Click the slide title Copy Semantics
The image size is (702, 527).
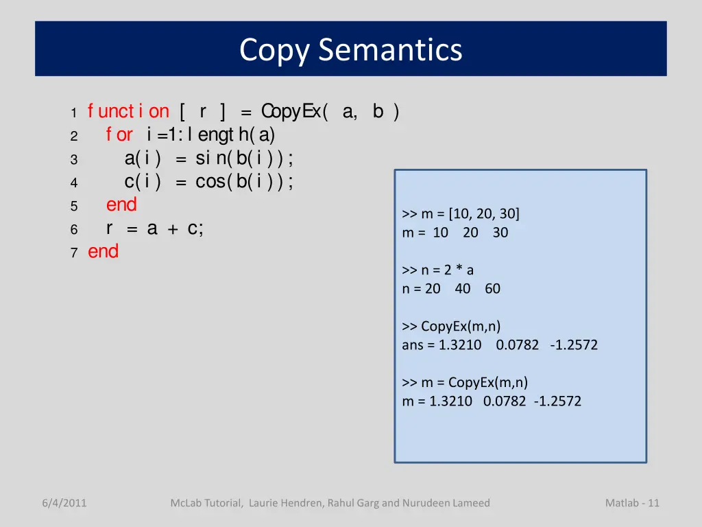pyautogui.click(x=350, y=50)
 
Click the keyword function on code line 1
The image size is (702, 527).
pyautogui.click(x=128, y=111)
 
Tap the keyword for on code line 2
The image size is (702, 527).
pyautogui.click(x=119, y=134)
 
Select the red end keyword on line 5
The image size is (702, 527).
pyautogui.click(x=121, y=204)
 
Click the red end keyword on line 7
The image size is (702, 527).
pyautogui.click(x=103, y=251)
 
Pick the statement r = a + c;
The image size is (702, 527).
pyautogui.click(x=154, y=229)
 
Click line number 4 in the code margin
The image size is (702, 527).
pyautogui.click(x=73, y=183)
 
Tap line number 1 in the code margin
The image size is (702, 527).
pyautogui.click(x=73, y=113)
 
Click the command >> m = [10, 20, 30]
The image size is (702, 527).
pyautogui.click(x=461, y=214)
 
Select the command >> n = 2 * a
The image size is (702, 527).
pyautogui.click(x=437, y=270)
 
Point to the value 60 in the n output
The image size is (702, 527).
pyautogui.click(x=492, y=289)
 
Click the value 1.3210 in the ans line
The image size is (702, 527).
pyautogui.click(x=460, y=345)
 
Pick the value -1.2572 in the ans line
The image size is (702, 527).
pyautogui.click(x=573, y=345)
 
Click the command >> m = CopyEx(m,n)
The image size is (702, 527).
pyautogui.click(x=465, y=382)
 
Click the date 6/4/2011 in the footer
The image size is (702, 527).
pyautogui.click(x=64, y=503)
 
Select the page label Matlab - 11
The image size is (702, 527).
pyautogui.click(x=632, y=503)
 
